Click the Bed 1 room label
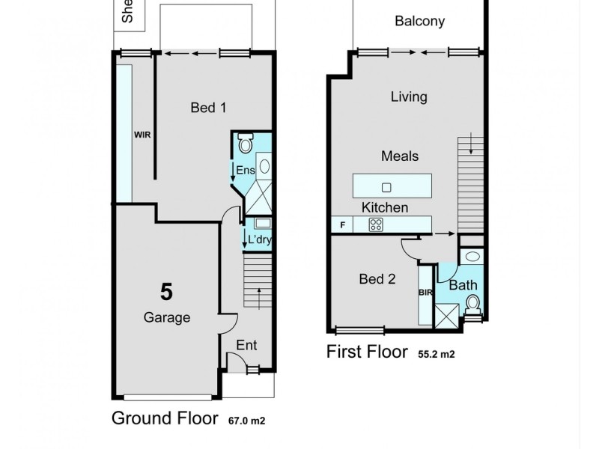(208, 108)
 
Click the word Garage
(166, 317)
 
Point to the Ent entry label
(246, 345)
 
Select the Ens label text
(246, 171)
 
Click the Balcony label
(419, 21)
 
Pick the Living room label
(409, 97)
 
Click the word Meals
(400, 156)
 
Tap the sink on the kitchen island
(387, 186)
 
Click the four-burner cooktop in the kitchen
(376, 224)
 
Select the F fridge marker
(342, 224)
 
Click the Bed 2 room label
(377, 279)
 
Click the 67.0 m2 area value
(247, 421)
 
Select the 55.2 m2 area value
(436, 354)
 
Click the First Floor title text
(367, 352)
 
